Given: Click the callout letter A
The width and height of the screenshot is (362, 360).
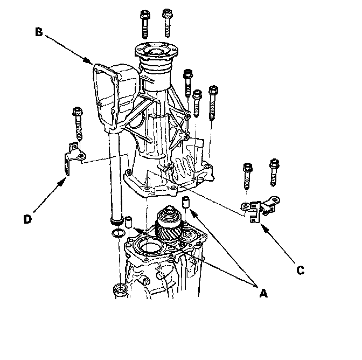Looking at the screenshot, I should point(263,293).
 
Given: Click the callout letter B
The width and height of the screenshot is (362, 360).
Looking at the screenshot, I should point(39,32).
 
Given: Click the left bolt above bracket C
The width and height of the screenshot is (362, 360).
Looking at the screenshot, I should point(248,174).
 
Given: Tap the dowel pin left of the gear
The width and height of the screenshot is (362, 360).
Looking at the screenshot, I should point(130,222).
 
